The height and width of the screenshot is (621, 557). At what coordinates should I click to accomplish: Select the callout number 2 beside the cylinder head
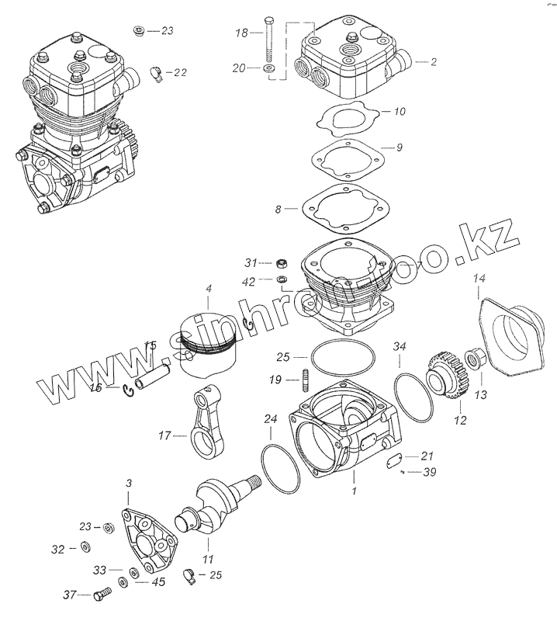pyautogui.click(x=434, y=61)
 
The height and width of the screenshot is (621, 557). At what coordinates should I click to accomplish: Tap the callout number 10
pyautogui.click(x=400, y=112)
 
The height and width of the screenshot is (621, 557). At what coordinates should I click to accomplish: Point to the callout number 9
pyautogui.click(x=400, y=147)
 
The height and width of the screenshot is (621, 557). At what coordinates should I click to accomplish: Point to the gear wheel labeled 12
pyautogui.click(x=445, y=376)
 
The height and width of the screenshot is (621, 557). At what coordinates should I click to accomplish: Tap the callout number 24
pyautogui.click(x=270, y=419)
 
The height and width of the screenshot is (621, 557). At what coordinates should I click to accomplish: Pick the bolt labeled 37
pyautogui.click(x=101, y=596)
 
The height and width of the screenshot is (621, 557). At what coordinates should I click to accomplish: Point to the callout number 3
pyautogui.click(x=129, y=484)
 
